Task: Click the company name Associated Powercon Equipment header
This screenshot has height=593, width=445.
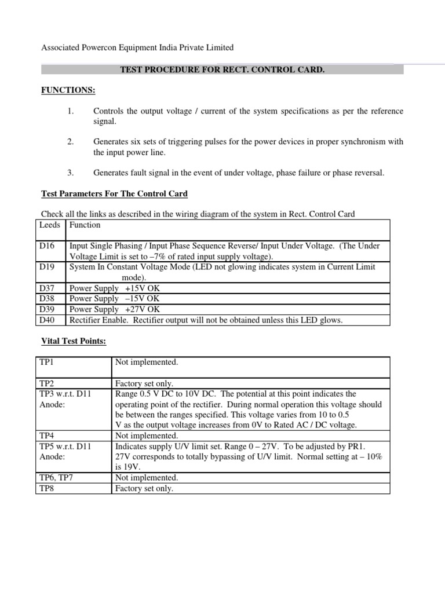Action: coord(137,47)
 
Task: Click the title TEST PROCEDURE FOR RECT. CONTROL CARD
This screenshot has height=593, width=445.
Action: coord(222,69)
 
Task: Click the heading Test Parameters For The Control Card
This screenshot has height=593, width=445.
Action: coord(114,193)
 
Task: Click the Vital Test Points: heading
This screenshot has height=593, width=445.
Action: coord(74,342)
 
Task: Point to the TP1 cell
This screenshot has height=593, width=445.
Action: coord(46,363)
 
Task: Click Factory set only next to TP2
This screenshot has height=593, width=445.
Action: coord(144,383)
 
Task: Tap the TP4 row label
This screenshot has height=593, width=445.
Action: coord(46,435)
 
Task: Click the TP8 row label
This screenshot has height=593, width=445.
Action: coord(46,488)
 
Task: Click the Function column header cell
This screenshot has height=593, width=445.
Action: coord(85,225)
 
